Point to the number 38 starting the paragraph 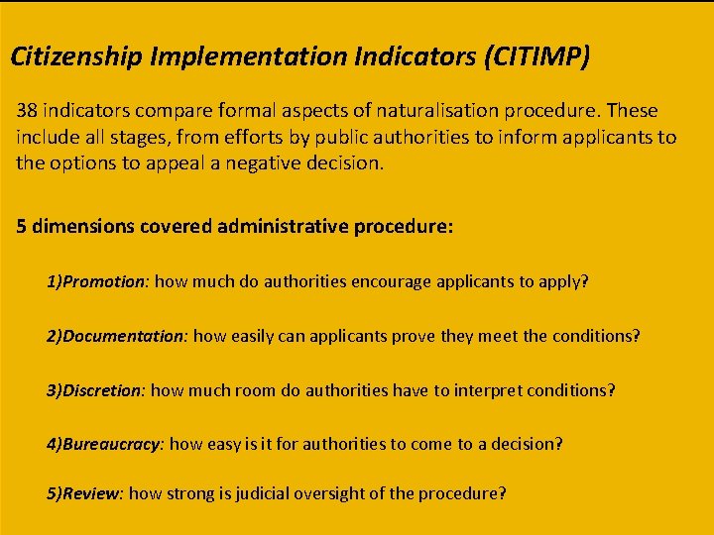pyautogui.click(x=27, y=111)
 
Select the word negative pyautogui.click(x=275, y=162)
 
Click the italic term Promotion pyautogui.click(x=104, y=281)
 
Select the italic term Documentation pyautogui.click(x=124, y=336)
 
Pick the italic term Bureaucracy pyautogui.click(x=111, y=445)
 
